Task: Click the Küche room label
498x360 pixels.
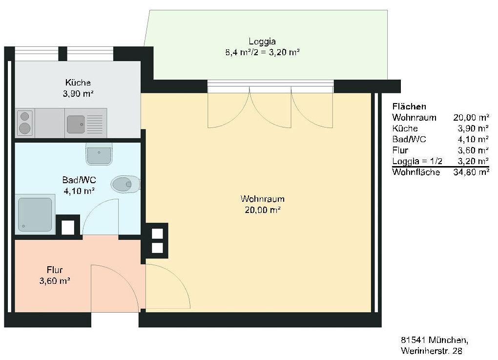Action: (78, 83)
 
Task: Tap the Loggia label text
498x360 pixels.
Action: (262, 42)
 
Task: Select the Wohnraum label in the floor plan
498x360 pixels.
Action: (262, 199)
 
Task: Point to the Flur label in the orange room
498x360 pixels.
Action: (55, 270)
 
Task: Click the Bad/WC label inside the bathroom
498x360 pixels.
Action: (79, 180)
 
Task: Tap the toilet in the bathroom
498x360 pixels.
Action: (125, 184)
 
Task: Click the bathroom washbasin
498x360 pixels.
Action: (99, 154)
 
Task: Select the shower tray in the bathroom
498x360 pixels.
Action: (35, 214)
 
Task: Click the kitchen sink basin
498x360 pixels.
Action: (76, 124)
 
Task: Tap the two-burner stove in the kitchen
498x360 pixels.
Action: (25, 123)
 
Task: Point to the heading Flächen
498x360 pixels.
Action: (409, 106)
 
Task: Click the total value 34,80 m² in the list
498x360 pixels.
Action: (471, 172)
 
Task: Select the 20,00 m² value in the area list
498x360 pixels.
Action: (471, 118)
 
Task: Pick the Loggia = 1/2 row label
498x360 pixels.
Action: (417, 161)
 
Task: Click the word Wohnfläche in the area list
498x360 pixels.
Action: (416, 172)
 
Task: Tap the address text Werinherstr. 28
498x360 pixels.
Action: (431, 351)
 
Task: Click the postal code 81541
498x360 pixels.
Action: (413, 340)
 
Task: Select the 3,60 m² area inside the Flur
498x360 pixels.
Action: (55, 281)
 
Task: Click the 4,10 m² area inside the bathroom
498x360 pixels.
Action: (79, 191)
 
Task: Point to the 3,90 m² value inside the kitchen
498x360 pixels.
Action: (78, 94)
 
